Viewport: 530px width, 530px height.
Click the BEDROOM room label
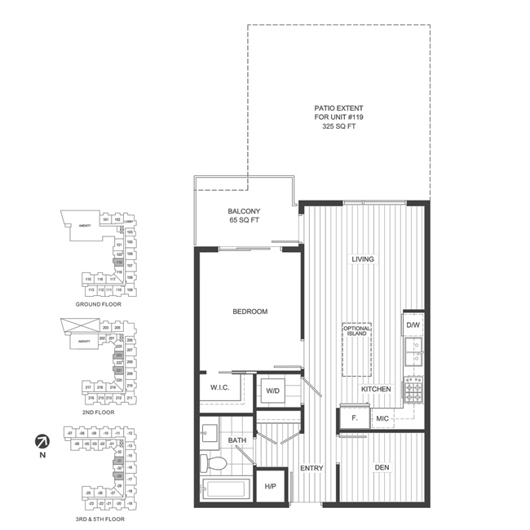250,311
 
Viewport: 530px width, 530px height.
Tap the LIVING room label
363,259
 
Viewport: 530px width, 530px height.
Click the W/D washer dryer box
273,390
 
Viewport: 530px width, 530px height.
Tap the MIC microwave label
382,418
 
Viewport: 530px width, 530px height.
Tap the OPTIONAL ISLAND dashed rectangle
357,349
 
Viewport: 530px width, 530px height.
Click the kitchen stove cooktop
413,390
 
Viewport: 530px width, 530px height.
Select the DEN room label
381,467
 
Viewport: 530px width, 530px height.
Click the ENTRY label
312,468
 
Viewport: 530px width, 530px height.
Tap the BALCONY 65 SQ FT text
245,216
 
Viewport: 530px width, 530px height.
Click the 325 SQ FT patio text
339,127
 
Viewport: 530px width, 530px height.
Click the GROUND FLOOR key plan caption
99,303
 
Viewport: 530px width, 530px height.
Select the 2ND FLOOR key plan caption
99,413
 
